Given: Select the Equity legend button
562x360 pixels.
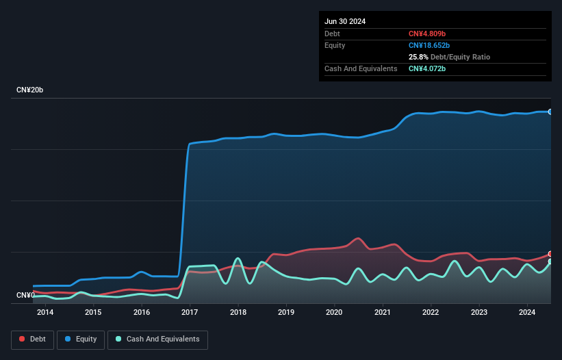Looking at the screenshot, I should (x=80, y=339).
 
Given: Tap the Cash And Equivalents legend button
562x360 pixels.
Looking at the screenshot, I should (x=157, y=339).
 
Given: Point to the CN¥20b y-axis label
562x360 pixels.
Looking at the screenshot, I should (x=30, y=90).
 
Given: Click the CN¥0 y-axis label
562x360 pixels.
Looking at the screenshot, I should (x=26, y=295).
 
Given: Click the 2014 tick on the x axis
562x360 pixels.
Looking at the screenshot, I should (x=45, y=313).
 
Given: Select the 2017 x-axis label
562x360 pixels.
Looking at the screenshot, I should (x=190, y=313).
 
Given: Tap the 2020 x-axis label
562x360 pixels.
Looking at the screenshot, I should (x=334, y=313).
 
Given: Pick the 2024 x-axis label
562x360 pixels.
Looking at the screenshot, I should (x=527, y=313).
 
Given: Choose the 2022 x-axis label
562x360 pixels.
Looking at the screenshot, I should (x=431, y=313).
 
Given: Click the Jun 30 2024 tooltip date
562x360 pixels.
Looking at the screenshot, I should (x=345, y=21).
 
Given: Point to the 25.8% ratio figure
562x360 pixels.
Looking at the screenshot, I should (x=418, y=57).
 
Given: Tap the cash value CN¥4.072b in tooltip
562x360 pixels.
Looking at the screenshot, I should (x=427, y=68).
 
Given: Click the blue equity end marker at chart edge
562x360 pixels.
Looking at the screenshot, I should (x=550, y=112).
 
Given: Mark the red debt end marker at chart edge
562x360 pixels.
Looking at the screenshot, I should (x=550, y=254).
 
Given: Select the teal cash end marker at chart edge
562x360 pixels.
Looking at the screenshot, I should (x=550, y=261).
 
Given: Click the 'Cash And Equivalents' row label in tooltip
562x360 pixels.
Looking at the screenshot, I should (x=361, y=68).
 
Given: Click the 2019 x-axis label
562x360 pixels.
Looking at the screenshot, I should (x=286, y=313).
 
